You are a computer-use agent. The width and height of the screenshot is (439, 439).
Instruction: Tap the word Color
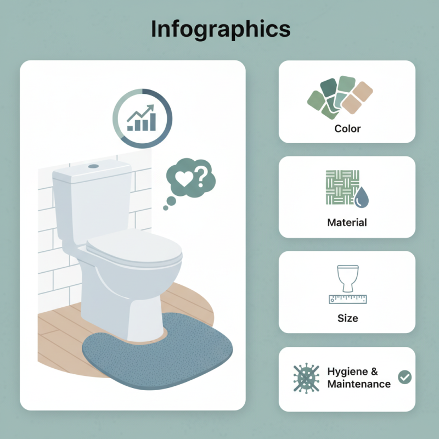[347, 128]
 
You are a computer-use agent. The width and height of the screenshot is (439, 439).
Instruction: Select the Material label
[347, 223]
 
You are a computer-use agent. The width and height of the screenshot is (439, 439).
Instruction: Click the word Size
[347, 318]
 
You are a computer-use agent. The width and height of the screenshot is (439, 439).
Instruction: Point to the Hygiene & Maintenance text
[359, 378]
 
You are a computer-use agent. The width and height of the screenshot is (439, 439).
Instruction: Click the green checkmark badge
[405, 377]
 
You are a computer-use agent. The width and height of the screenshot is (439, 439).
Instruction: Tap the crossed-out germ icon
[306, 378]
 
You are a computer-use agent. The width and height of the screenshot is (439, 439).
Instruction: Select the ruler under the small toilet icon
[347, 299]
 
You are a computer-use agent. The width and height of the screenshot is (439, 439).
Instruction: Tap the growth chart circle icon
[142, 119]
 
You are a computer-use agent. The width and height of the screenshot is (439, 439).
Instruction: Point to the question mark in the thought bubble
[200, 177]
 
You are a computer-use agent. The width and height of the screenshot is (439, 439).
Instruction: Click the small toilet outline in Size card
[347, 279]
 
